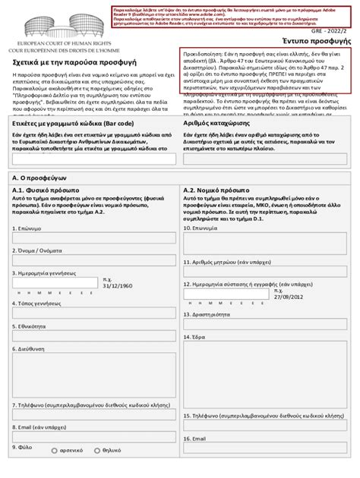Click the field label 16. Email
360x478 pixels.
[x=194, y=439]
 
